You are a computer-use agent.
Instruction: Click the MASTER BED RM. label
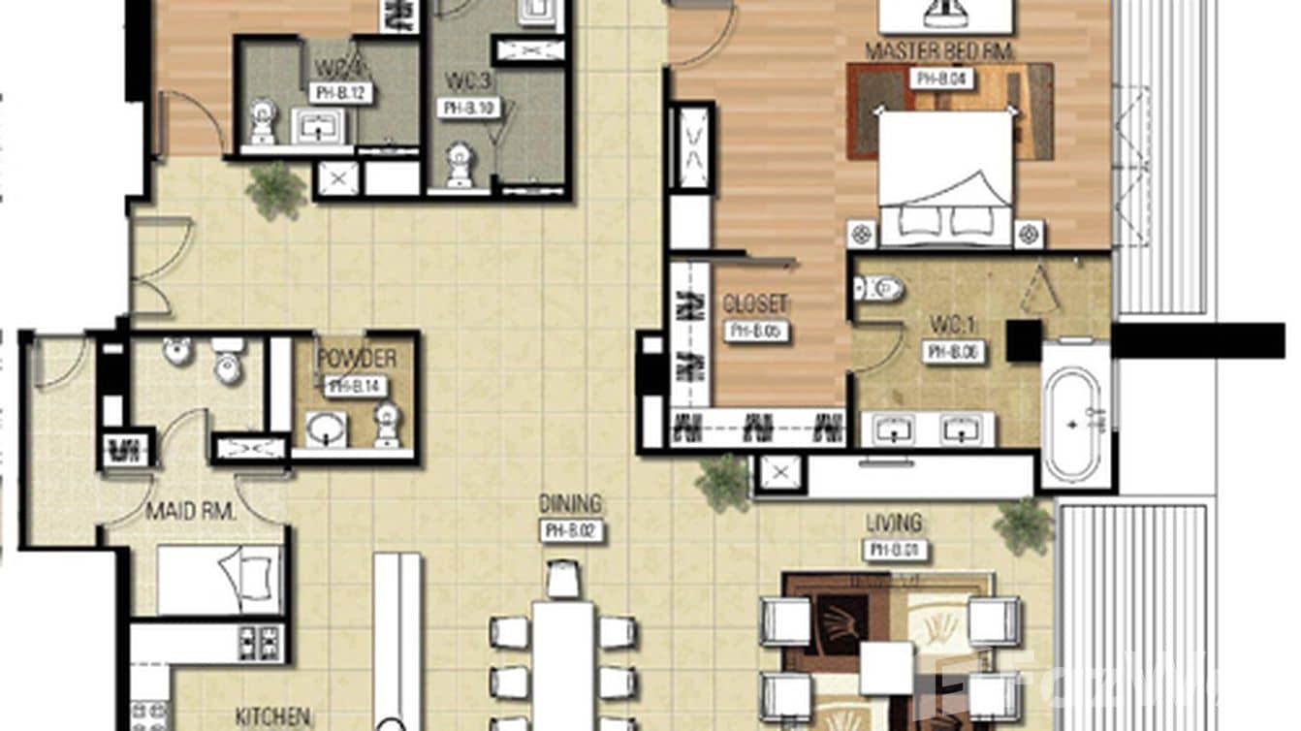coord(937,51)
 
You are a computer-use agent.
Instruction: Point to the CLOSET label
coord(754,303)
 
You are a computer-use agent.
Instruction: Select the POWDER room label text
coord(356,359)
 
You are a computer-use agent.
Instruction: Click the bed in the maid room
coord(219,580)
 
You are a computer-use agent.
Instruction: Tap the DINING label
coord(571,504)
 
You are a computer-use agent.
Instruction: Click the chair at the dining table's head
coord(563,581)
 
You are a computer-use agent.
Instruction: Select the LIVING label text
coord(894,524)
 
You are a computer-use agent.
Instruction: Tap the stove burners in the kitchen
coord(259,643)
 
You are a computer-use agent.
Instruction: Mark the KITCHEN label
coord(272,718)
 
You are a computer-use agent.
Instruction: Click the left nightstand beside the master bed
coord(862,234)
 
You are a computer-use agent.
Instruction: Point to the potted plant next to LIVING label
coord(1024,525)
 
